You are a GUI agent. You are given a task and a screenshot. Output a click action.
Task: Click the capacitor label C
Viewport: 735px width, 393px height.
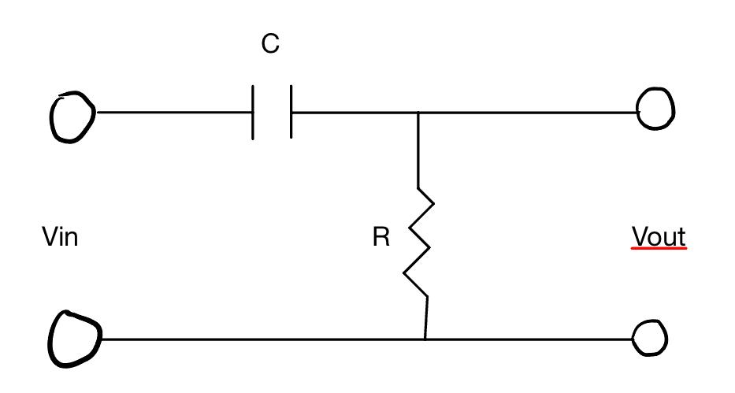point(270,45)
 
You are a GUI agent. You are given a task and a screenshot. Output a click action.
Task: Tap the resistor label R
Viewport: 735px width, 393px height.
point(381,238)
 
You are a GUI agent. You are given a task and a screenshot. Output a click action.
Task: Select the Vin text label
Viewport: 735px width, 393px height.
point(60,236)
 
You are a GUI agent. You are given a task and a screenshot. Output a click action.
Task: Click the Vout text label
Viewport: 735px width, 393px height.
point(659,236)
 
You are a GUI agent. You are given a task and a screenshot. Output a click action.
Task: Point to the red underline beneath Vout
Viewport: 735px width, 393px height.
point(659,249)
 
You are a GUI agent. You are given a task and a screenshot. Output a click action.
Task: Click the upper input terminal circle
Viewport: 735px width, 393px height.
point(72,116)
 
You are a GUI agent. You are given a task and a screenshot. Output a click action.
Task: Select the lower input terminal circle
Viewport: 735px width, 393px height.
point(75,336)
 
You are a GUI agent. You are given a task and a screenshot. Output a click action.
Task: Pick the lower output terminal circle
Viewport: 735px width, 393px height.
point(651,339)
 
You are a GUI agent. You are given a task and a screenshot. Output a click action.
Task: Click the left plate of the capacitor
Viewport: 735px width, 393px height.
point(253,113)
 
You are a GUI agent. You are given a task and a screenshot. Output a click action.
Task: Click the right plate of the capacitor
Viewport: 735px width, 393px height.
point(291,113)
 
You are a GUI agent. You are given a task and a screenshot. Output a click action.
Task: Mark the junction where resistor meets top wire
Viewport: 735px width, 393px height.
point(418,113)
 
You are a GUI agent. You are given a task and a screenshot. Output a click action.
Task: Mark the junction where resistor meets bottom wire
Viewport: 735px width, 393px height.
point(425,339)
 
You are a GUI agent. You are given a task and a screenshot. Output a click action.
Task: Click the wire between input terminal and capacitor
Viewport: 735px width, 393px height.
point(173,112)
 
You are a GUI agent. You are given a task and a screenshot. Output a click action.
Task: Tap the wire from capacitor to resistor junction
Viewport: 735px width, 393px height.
point(355,113)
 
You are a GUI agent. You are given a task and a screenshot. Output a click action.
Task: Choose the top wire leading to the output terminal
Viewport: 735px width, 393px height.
point(528,113)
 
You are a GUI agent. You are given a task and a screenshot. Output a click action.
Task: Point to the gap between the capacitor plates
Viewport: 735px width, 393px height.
point(272,113)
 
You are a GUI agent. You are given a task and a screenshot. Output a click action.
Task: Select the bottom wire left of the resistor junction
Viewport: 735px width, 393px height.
point(260,339)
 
